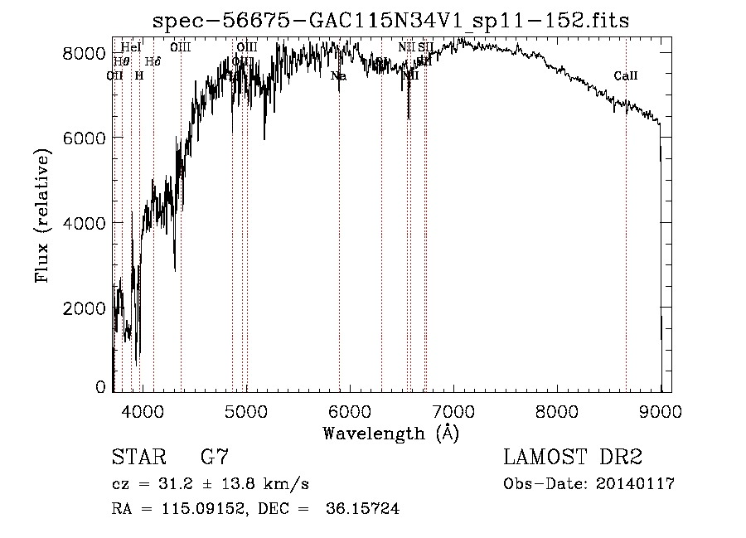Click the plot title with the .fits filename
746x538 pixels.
pos(392,21)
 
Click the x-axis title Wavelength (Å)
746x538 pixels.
pos(390,432)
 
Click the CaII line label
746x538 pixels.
pos(626,76)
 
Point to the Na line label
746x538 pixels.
pos(338,76)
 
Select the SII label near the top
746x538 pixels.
pos(426,47)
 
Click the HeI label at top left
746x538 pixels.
pos(131,47)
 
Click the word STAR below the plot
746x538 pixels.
pos(137,457)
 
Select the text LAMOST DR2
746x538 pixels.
pos(573,457)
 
